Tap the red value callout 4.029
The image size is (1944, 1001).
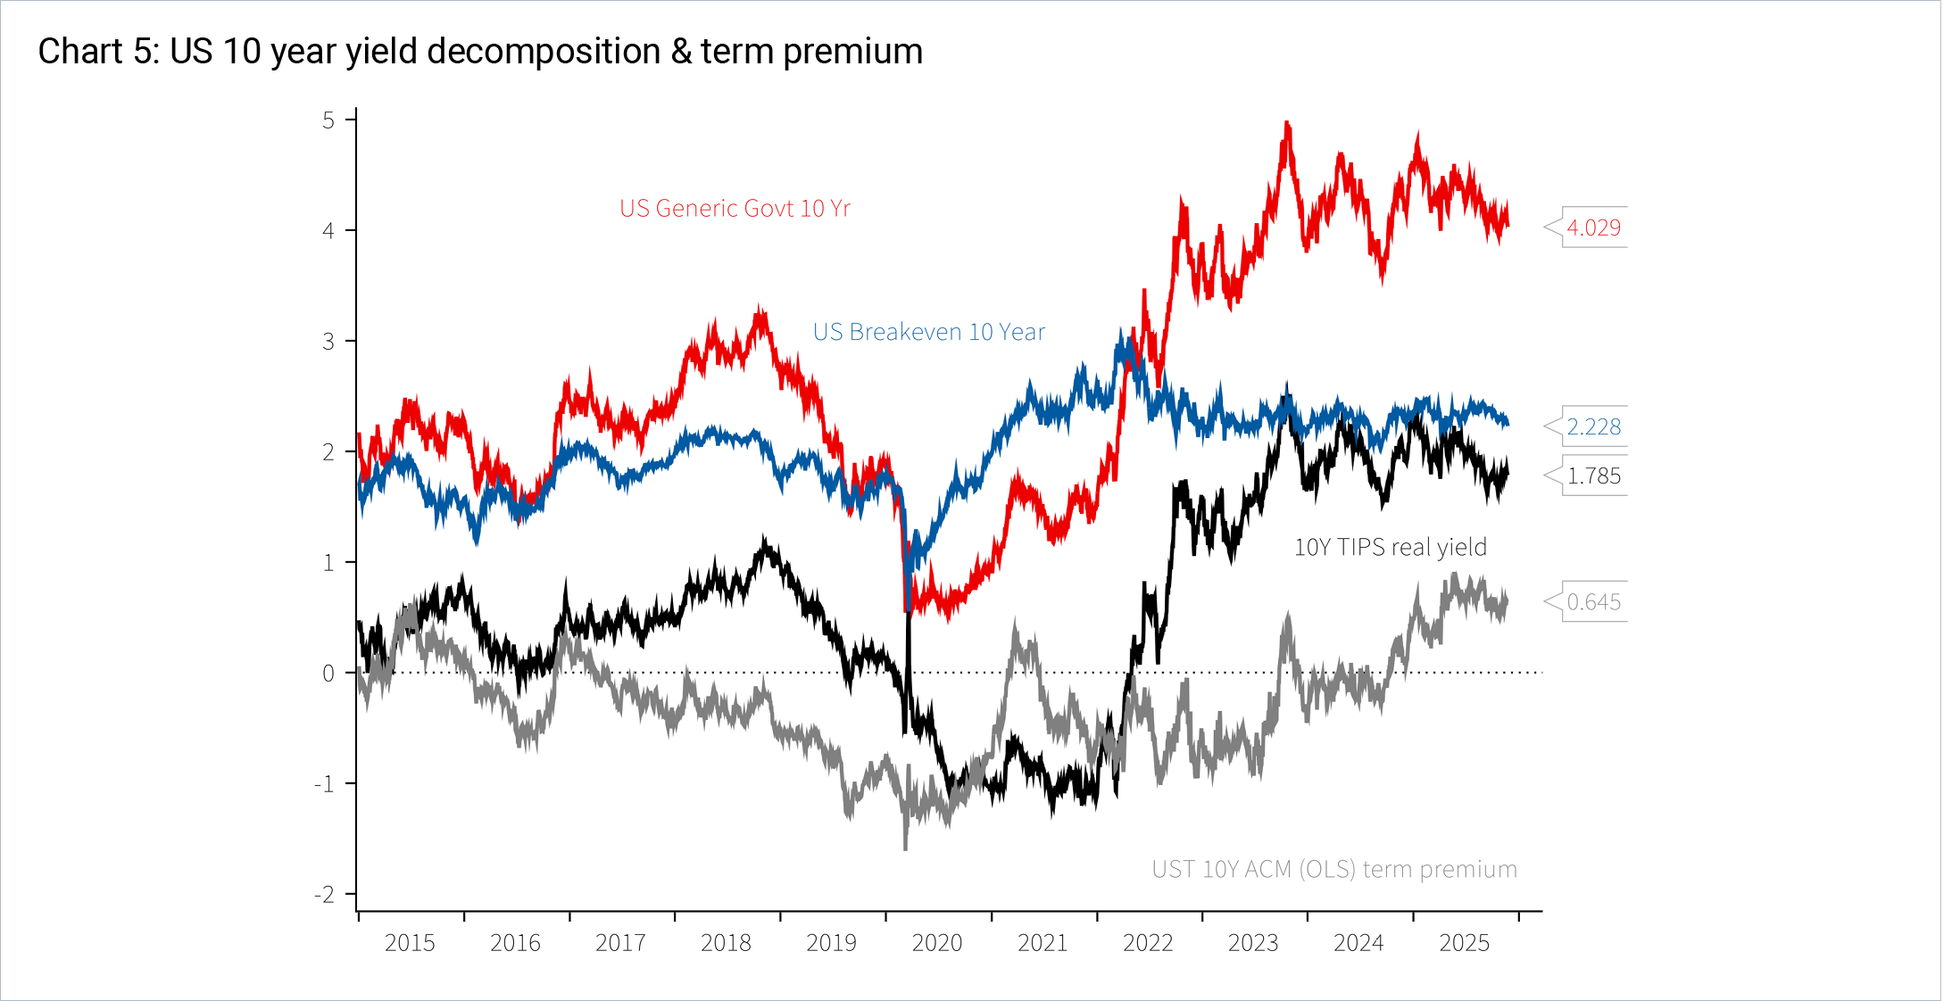coord(1593,227)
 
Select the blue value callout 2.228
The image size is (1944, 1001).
coord(1593,426)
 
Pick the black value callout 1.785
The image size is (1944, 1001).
coord(1593,476)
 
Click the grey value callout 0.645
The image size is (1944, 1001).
coord(1593,602)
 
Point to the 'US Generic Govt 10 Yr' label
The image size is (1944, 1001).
coord(735,209)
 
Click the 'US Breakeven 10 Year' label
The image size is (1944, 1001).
coord(928,332)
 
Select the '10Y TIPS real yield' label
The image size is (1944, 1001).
coord(1390,547)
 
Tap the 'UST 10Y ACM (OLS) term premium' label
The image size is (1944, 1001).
coord(1333,869)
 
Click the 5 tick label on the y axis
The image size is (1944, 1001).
coord(328,120)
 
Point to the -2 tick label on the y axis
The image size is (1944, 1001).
coord(324,895)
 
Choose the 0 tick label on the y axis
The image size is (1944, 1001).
coord(328,674)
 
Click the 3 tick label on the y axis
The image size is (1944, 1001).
coord(328,342)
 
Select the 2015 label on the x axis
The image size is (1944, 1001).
coord(410,943)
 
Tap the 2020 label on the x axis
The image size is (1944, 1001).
coord(936,943)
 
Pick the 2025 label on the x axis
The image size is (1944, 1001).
coord(1464,943)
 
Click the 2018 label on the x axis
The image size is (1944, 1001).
coord(726,943)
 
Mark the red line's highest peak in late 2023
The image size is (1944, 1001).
coord(1286,123)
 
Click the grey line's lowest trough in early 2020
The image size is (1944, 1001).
coord(905,848)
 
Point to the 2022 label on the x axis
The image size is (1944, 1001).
coord(1147,943)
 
